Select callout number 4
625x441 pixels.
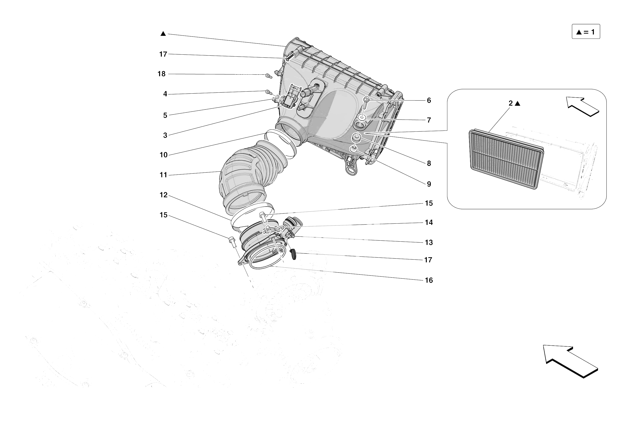click(x=165, y=94)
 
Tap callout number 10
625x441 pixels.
click(x=163, y=155)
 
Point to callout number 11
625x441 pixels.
click(x=163, y=175)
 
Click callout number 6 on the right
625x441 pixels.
click(x=429, y=101)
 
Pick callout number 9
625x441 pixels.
click(x=429, y=184)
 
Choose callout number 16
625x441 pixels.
click(x=429, y=280)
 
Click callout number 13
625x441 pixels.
click(x=429, y=243)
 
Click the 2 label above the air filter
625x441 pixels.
click(x=511, y=103)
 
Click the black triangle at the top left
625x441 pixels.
click(x=163, y=34)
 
